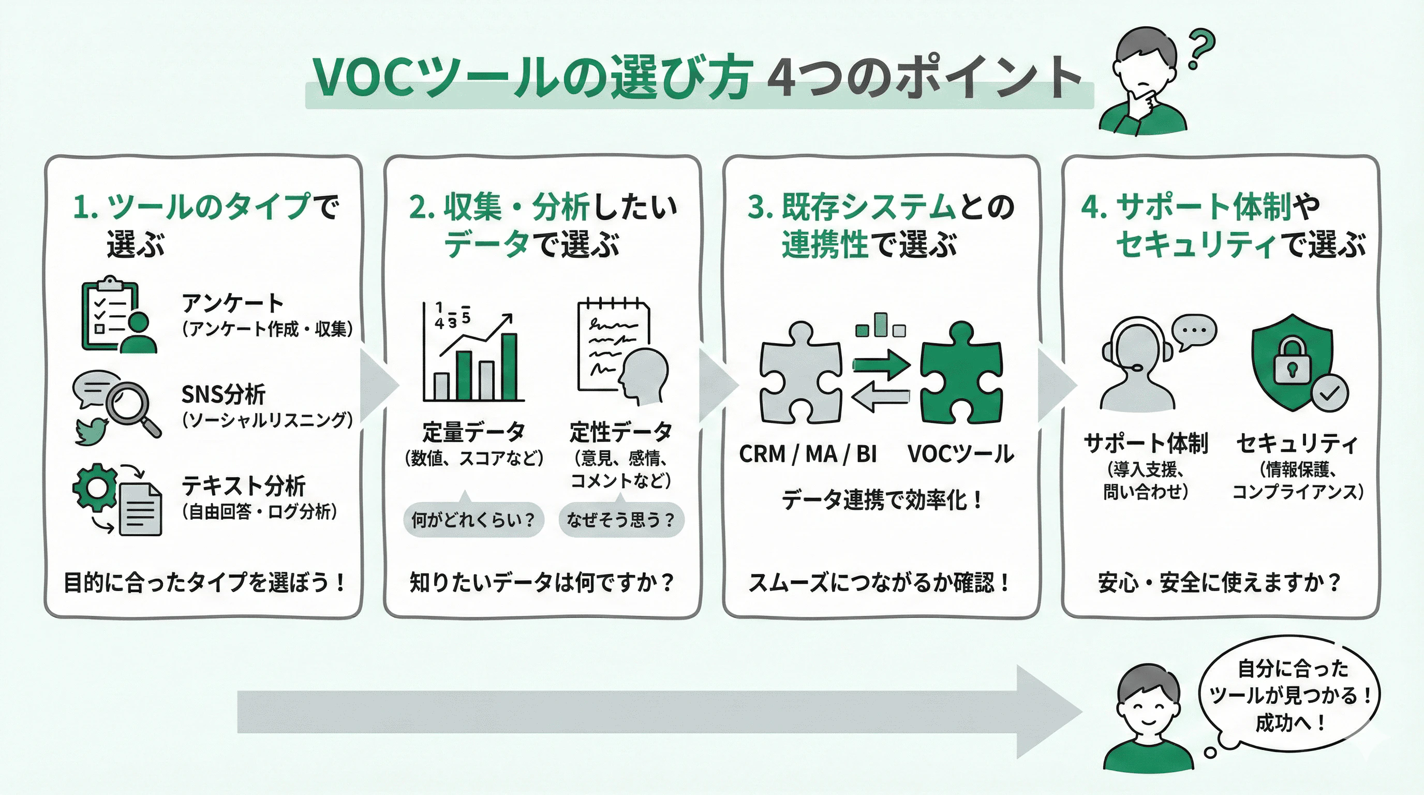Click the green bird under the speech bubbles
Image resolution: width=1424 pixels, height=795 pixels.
92,431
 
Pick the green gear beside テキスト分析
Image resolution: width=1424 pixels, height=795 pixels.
95,487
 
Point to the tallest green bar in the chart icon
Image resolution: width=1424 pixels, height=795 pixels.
509,367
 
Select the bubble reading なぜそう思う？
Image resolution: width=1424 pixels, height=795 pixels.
621,520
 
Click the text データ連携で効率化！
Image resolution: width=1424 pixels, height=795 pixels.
882,500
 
